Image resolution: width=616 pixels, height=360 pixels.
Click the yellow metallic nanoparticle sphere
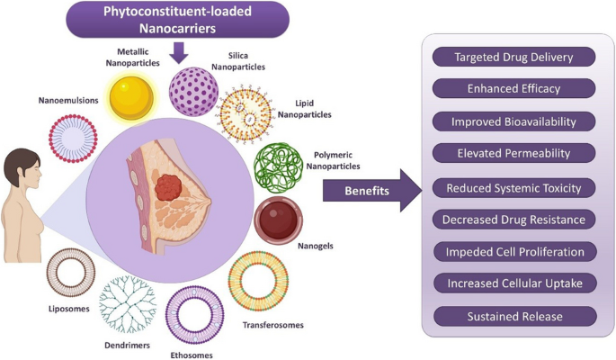[131, 97]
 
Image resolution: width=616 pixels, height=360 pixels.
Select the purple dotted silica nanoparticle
[193, 92]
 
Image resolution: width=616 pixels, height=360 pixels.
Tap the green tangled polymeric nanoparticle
[278, 167]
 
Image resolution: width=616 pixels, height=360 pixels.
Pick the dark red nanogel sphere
[279, 220]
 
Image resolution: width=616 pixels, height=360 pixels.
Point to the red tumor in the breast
[168, 187]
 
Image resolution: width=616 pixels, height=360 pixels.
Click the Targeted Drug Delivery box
[513, 57]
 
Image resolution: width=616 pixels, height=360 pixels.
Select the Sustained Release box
[515, 317]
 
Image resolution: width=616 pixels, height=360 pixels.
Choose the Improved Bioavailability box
[513, 121]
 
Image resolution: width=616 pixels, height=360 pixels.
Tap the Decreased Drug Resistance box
[513, 220]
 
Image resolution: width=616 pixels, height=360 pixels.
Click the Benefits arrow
[371, 191]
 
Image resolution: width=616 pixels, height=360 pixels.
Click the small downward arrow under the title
[179, 53]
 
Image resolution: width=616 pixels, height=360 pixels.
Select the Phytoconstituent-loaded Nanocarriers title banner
[177, 20]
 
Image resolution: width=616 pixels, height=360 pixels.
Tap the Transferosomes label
[273, 325]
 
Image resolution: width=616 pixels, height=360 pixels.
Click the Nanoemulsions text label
[68, 100]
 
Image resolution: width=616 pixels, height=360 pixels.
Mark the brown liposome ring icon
[49, 272]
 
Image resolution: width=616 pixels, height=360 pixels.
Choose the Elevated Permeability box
[513, 153]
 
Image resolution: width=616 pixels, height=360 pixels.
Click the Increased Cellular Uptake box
[515, 283]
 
